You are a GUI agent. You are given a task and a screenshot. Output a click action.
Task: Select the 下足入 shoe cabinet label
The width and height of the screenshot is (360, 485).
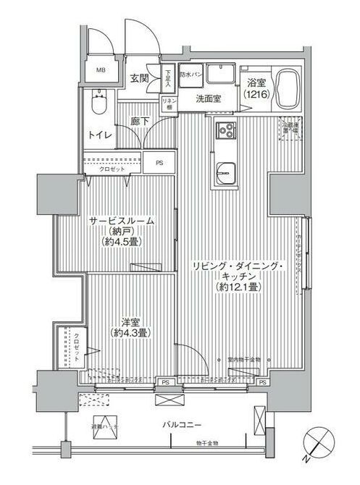click(x=167, y=77)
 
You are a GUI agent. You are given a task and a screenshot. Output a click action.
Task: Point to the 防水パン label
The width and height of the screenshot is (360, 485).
click(x=189, y=75)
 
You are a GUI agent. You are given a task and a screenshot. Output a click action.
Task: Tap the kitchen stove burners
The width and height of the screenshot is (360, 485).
click(x=225, y=131)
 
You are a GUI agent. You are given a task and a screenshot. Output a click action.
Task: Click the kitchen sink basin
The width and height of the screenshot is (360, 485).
click(x=225, y=173)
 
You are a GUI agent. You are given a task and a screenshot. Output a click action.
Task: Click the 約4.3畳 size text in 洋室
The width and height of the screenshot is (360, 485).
click(x=130, y=334)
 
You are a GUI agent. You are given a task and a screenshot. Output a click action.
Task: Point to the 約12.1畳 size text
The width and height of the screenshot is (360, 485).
click(x=238, y=287)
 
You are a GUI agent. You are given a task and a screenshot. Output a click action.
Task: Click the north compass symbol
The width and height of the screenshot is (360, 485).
click(x=319, y=442)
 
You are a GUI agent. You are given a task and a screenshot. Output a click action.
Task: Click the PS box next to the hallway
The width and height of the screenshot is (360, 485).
click(x=159, y=164)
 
